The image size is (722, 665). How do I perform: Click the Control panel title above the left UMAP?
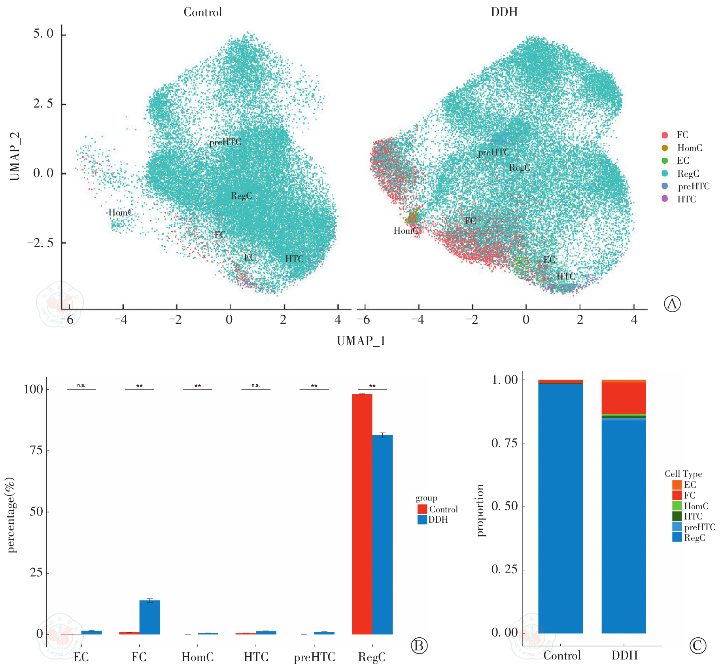tap(202, 12)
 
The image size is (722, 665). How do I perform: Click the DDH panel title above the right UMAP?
tap(504, 12)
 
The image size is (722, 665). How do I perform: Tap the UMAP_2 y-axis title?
tap(15, 157)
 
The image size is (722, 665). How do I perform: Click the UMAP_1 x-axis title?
tap(361, 341)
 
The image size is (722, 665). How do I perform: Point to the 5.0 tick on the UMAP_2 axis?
tap(43, 34)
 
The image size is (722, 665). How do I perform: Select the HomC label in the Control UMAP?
tap(121, 213)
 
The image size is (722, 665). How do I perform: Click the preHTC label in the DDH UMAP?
tap(493, 152)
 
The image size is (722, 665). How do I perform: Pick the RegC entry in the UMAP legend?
tap(688, 174)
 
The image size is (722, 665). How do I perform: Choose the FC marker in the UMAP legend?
tap(665, 135)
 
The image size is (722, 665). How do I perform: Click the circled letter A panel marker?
tap(672, 304)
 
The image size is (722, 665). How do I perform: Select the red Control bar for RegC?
tap(362, 514)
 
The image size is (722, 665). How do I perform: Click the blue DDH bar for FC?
tap(149, 617)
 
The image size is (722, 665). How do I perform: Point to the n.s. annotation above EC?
tap(81, 385)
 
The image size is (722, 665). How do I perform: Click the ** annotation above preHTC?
tap(314, 386)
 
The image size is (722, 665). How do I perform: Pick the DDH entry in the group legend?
tap(438, 520)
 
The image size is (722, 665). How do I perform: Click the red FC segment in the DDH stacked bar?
tap(624, 398)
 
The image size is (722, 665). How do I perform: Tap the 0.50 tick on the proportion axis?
tap(505, 506)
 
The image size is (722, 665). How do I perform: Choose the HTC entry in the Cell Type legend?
tap(693, 516)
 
